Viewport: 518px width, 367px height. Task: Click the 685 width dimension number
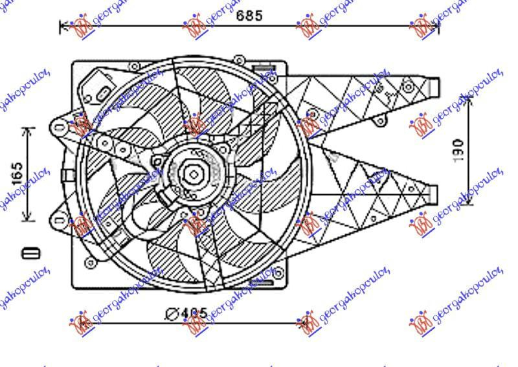point(249,16)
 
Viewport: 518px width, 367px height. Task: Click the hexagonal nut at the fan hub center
point(193,173)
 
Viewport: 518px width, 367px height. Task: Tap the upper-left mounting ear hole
point(60,129)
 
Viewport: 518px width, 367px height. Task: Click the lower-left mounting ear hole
point(60,221)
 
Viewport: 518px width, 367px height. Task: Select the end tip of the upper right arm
point(435,85)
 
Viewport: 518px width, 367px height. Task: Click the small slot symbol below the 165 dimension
point(27,252)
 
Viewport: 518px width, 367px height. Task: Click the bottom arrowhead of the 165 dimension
point(27,219)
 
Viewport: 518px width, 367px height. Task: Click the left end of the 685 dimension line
point(61,27)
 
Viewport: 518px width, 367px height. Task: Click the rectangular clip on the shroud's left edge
point(68,175)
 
